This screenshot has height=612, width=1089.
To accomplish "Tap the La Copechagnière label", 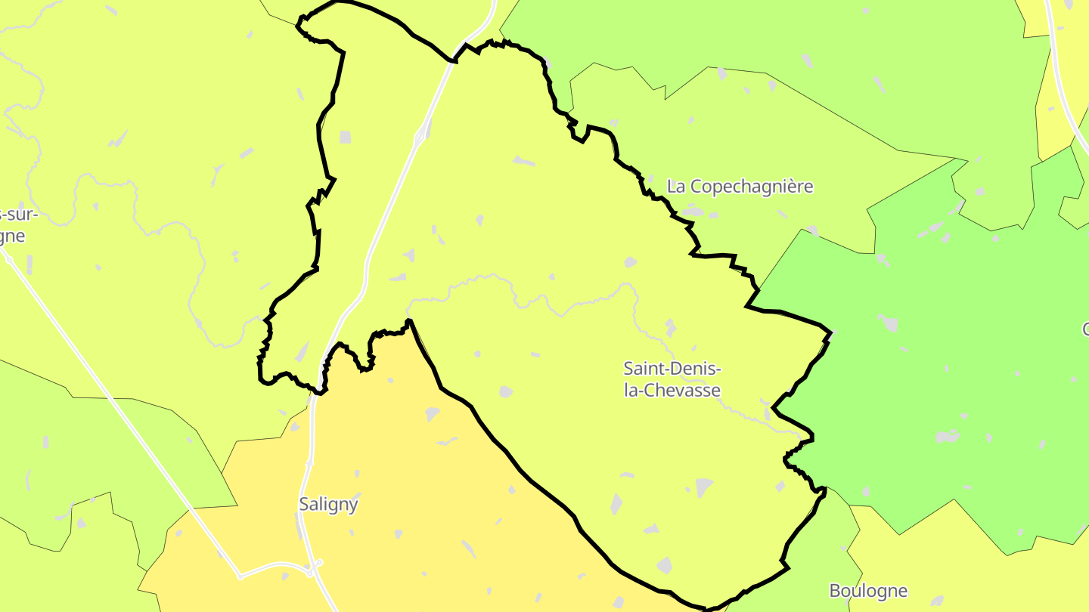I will pyautogui.click(x=740, y=187).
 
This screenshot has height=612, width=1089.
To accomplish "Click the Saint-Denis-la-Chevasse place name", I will pyautogui.click(x=672, y=379).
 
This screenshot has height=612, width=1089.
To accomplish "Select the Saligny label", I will pyautogui.click(x=328, y=505).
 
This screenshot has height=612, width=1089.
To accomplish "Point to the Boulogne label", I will pyautogui.click(x=868, y=591).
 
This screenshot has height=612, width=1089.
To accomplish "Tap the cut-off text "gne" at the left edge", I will pyautogui.click(x=13, y=236).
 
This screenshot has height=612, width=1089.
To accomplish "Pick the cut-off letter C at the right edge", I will pyautogui.click(x=1084, y=329).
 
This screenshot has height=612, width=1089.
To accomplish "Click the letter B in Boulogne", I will pyautogui.click(x=835, y=591).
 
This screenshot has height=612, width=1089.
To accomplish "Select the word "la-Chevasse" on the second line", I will pyautogui.click(x=672, y=391).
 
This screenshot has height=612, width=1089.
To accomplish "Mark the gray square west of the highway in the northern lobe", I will pyautogui.click(x=345, y=137).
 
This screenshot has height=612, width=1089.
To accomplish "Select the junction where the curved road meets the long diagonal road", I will pyautogui.click(x=240, y=576).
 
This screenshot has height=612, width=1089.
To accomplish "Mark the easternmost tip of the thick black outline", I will pyautogui.click(x=831, y=333).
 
